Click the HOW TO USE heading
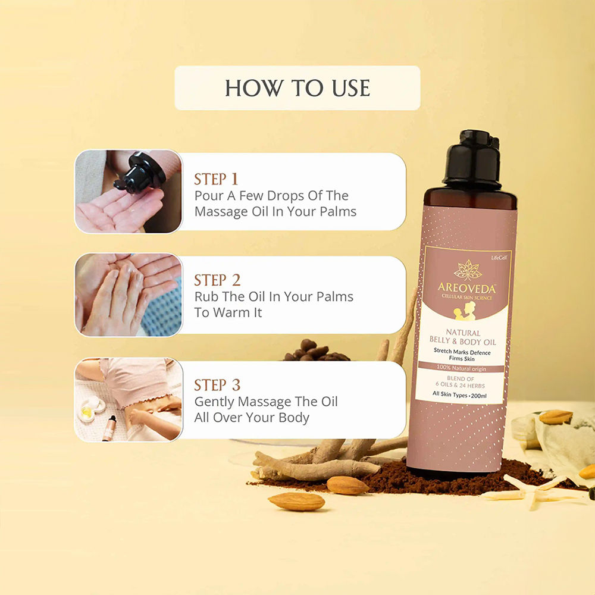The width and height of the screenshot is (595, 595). click(x=297, y=88)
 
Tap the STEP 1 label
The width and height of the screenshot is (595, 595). click(x=216, y=179)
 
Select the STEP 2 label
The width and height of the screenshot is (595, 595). click(x=217, y=280)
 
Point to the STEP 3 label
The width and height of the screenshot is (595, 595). click(x=217, y=384)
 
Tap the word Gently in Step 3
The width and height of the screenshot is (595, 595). click(x=215, y=402)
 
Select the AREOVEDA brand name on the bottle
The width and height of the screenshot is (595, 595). click(x=467, y=288)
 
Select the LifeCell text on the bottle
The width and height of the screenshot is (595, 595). click(x=499, y=257)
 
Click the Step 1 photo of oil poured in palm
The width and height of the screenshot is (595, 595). click(x=129, y=191)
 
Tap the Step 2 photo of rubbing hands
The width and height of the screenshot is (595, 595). click(x=129, y=295)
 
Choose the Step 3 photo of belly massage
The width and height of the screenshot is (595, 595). click(x=129, y=399)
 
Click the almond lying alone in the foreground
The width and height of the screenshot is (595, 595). click(x=296, y=501)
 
